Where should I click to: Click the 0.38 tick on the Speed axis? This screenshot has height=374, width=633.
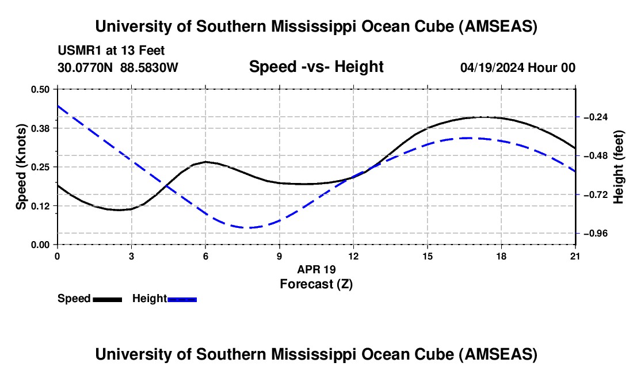[x=42, y=128]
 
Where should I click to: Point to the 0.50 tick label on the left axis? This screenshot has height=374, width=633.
[x=42, y=89]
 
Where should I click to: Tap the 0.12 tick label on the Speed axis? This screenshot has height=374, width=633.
[x=42, y=205]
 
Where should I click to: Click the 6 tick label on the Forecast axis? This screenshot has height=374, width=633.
[x=205, y=256]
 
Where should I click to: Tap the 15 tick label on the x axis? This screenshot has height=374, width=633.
[x=428, y=256]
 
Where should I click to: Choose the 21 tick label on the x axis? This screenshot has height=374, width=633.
[x=575, y=256]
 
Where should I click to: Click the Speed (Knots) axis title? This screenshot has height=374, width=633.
[x=21, y=167]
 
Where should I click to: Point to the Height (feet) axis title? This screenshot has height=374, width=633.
[x=619, y=167]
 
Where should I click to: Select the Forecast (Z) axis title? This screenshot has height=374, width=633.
[x=316, y=284]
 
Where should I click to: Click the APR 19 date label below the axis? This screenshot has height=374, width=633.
[x=316, y=269]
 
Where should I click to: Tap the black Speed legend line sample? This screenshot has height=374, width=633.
[x=107, y=299]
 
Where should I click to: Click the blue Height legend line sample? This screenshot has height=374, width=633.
[x=182, y=299]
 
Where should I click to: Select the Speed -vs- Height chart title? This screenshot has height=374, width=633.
[x=316, y=67]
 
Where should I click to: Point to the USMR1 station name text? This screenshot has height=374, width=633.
[x=77, y=51]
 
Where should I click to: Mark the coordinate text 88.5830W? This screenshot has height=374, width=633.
[x=150, y=68]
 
